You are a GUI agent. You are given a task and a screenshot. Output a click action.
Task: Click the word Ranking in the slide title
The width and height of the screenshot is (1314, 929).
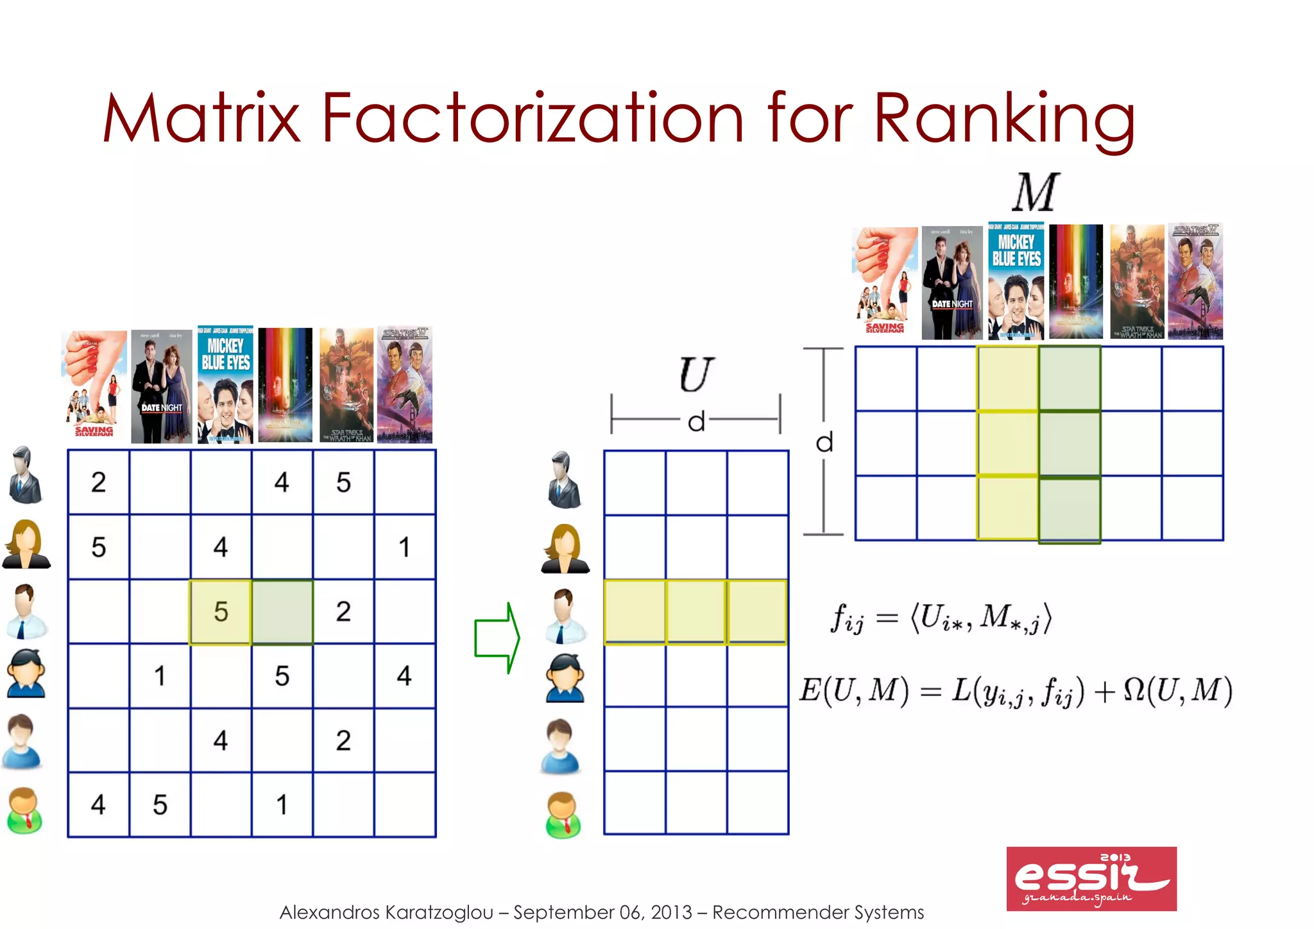[x=1004, y=119]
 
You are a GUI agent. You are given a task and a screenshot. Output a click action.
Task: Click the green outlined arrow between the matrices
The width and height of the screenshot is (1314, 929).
[x=497, y=638]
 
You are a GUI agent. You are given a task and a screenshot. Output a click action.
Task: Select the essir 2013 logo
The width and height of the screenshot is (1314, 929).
[x=1091, y=878]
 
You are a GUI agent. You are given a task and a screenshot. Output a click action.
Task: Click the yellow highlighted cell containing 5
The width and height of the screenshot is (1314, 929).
[x=221, y=612]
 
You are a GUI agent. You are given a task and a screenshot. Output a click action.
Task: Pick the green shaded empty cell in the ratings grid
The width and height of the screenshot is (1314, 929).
[x=282, y=612]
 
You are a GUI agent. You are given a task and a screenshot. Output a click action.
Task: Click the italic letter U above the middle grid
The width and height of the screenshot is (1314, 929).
[x=695, y=375]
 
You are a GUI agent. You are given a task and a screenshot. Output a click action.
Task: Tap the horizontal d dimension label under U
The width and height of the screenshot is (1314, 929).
[x=696, y=422]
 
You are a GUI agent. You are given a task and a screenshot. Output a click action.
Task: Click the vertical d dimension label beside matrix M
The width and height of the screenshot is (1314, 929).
[x=824, y=442]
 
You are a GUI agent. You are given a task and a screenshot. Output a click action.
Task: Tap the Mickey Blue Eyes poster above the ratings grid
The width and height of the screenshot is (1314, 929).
[x=225, y=385]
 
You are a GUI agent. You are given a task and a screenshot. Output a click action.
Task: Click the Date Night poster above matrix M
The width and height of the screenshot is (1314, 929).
[x=951, y=282]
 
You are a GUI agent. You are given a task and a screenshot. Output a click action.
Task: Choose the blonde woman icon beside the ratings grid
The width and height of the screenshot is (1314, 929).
[x=26, y=544]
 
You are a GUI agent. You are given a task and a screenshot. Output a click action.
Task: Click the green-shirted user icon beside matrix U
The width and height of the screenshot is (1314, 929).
[x=563, y=815]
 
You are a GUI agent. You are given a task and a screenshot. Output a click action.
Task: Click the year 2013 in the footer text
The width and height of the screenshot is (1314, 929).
[x=671, y=912]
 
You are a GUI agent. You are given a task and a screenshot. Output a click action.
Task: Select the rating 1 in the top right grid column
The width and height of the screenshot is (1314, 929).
[x=404, y=547]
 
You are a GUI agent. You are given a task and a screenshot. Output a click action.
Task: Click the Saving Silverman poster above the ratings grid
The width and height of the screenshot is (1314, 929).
[x=94, y=385]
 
